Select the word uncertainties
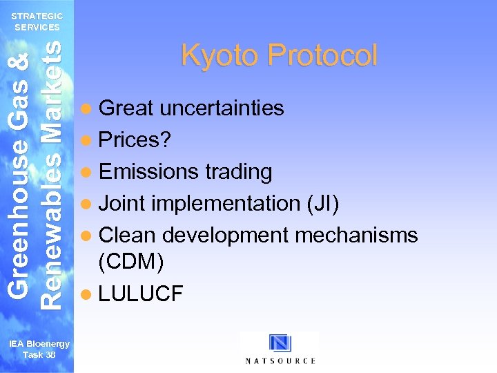click(x=222, y=108)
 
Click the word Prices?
click(x=135, y=140)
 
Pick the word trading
click(x=237, y=171)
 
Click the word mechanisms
click(x=356, y=235)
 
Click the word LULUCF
click(x=142, y=294)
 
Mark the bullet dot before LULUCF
click(x=86, y=294)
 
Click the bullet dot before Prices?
click(x=86, y=140)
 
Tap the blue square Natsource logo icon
click(x=280, y=343)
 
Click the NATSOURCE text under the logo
click(x=280, y=361)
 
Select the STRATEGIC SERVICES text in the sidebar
click(x=37, y=21)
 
